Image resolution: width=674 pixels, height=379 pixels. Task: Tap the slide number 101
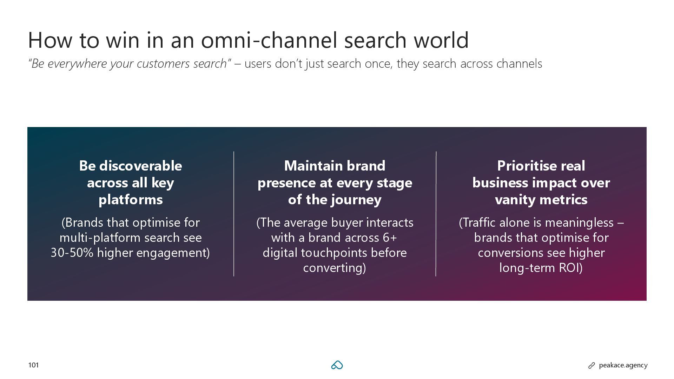(x=33, y=365)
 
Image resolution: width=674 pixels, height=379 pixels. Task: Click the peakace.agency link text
(x=623, y=365)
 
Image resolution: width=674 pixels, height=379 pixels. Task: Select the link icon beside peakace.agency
(x=592, y=366)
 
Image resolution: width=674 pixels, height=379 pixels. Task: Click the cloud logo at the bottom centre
(x=337, y=365)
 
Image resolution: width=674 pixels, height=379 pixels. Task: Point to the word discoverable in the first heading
(x=140, y=166)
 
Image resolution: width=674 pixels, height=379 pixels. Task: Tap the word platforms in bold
(x=131, y=200)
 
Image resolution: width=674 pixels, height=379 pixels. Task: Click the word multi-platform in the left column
(x=100, y=238)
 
